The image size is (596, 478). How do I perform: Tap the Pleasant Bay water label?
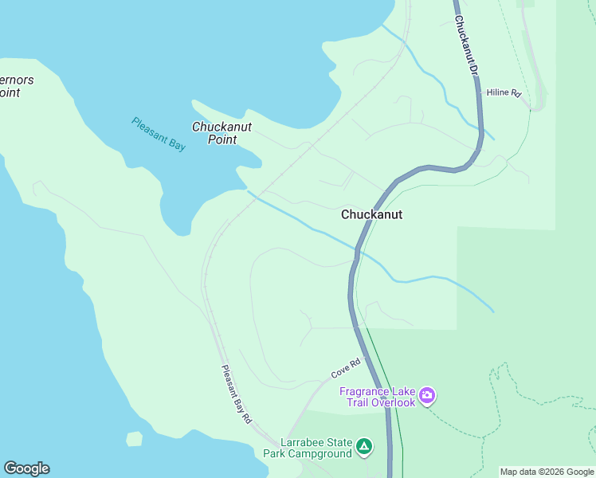(159, 134)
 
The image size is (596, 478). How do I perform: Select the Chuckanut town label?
(371, 214)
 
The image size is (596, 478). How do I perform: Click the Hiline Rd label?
(504, 93)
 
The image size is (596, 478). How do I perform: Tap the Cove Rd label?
(346, 368)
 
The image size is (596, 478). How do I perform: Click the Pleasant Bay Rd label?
(237, 394)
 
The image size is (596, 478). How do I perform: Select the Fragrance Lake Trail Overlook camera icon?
(428, 396)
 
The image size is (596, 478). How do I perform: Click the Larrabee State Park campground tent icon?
(364, 447)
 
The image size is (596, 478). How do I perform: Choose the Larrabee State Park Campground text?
(308, 448)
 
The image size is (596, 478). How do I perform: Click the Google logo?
(26, 468)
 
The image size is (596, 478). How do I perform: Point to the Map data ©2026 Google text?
(547, 472)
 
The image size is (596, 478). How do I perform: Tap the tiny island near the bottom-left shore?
(134, 439)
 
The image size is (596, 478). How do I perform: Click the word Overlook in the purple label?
(392, 402)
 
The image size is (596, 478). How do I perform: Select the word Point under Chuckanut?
(222, 139)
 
